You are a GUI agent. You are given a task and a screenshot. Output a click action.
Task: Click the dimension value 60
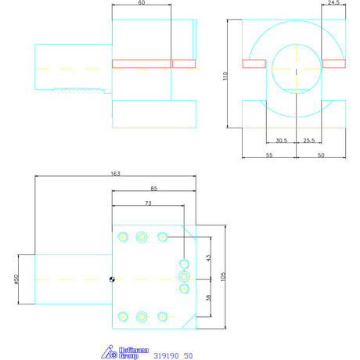tap(141, 4)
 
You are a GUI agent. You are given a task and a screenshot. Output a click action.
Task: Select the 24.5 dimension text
tap(334, 4)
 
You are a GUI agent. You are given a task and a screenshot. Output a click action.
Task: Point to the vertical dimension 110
tap(224, 75)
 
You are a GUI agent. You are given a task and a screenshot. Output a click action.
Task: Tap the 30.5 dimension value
tap(282, 141)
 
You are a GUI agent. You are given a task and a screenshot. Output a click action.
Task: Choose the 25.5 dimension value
tap(308, 141)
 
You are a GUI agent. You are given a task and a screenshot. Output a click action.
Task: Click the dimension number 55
tap(269, 157)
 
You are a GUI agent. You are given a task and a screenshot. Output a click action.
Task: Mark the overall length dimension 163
tap(115, 174)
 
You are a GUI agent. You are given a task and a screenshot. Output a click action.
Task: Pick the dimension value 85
tap(153, 189)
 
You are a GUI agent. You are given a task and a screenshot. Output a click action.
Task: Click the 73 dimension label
tap(148, 203)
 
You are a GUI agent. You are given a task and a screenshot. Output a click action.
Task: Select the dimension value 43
tap(208, 257)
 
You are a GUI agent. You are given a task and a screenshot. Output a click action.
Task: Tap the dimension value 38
tap(208, 297)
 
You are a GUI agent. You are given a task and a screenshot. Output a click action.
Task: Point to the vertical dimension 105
tap(223, 276)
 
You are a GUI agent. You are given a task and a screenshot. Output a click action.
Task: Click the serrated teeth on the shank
tap(77, 90)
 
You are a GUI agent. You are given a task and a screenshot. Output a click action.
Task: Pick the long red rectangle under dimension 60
tap(141, 64)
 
